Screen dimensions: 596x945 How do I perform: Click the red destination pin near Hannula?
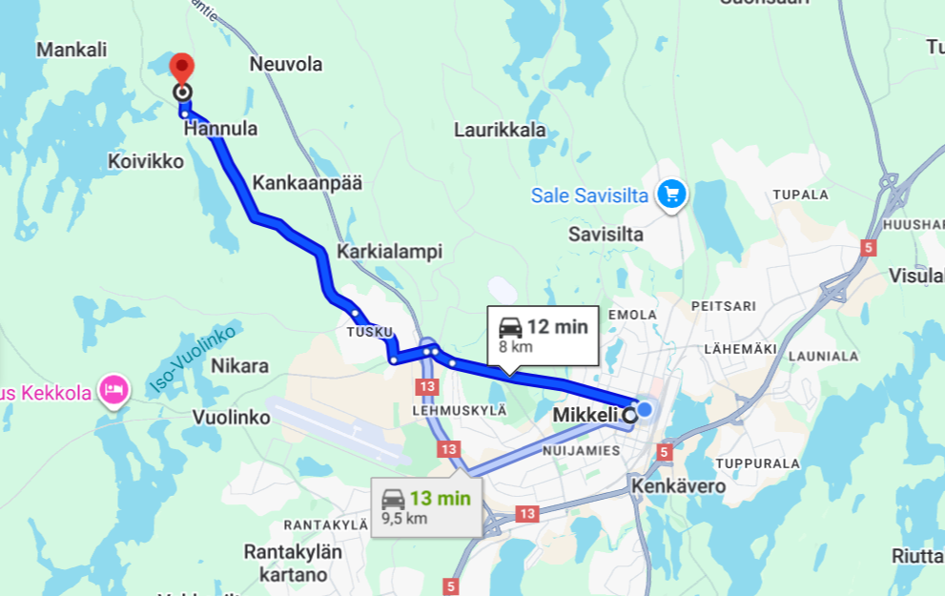point(181,70)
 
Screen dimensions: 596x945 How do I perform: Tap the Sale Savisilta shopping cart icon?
point(672,194)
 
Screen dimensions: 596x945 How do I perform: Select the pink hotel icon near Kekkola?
point(114,389)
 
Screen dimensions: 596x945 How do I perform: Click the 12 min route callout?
point(542,335)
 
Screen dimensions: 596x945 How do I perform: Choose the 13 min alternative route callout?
point(426,504)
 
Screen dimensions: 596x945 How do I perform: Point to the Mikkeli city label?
point(585,416)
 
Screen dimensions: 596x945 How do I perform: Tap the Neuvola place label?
point(285,65)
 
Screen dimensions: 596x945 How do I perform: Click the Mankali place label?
point(72,50)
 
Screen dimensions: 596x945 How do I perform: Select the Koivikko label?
point(145,161)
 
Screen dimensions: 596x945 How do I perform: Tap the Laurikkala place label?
point(500,130)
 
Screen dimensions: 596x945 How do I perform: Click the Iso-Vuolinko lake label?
point(193,360)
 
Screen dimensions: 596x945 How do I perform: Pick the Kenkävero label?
point(678,486)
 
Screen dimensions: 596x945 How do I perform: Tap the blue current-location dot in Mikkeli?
point(645,409)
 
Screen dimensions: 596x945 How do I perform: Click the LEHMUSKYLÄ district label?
point(459,409)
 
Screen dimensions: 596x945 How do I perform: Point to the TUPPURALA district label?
point(756,463)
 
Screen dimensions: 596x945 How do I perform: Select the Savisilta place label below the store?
point(606,234)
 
